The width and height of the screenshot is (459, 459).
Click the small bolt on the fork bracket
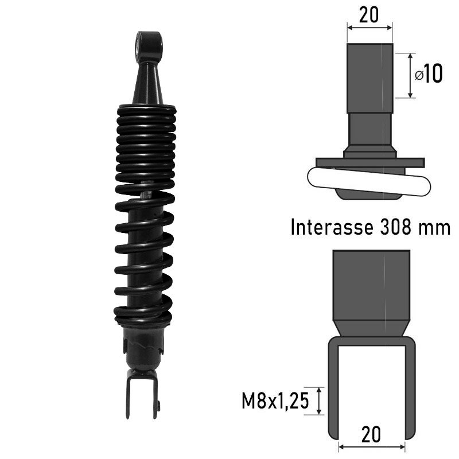(x=159, y=404)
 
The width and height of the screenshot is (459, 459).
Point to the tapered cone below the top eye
(x=149, y=83)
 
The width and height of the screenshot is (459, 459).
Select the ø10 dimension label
(x=429, y=74)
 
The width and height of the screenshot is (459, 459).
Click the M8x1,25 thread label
(x=275, y=400)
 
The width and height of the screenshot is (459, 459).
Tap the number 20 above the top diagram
(x=369, y=15)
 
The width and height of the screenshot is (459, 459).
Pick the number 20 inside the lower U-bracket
(x=371, y=434)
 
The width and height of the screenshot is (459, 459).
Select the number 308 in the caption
(x=395, y=227)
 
